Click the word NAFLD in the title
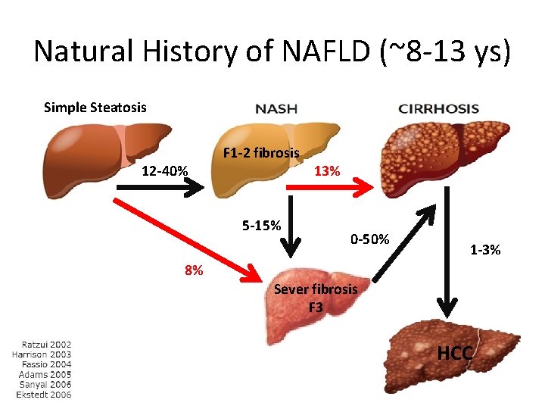(x=312, y=52)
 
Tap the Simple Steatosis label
(x=95, y=107)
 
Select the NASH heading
(x=276, y=108)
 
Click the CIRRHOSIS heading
(x=439, y=108)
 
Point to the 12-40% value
(x=165, y=170)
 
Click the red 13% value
(x=326, y=170)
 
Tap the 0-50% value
(x=369, y=239)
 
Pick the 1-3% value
(x=484, y=249)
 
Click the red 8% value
(x=193, y=270)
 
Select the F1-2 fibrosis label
(x=260, y=153)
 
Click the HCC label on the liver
(x=455, y=353)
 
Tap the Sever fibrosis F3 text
(x=316, y=298)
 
